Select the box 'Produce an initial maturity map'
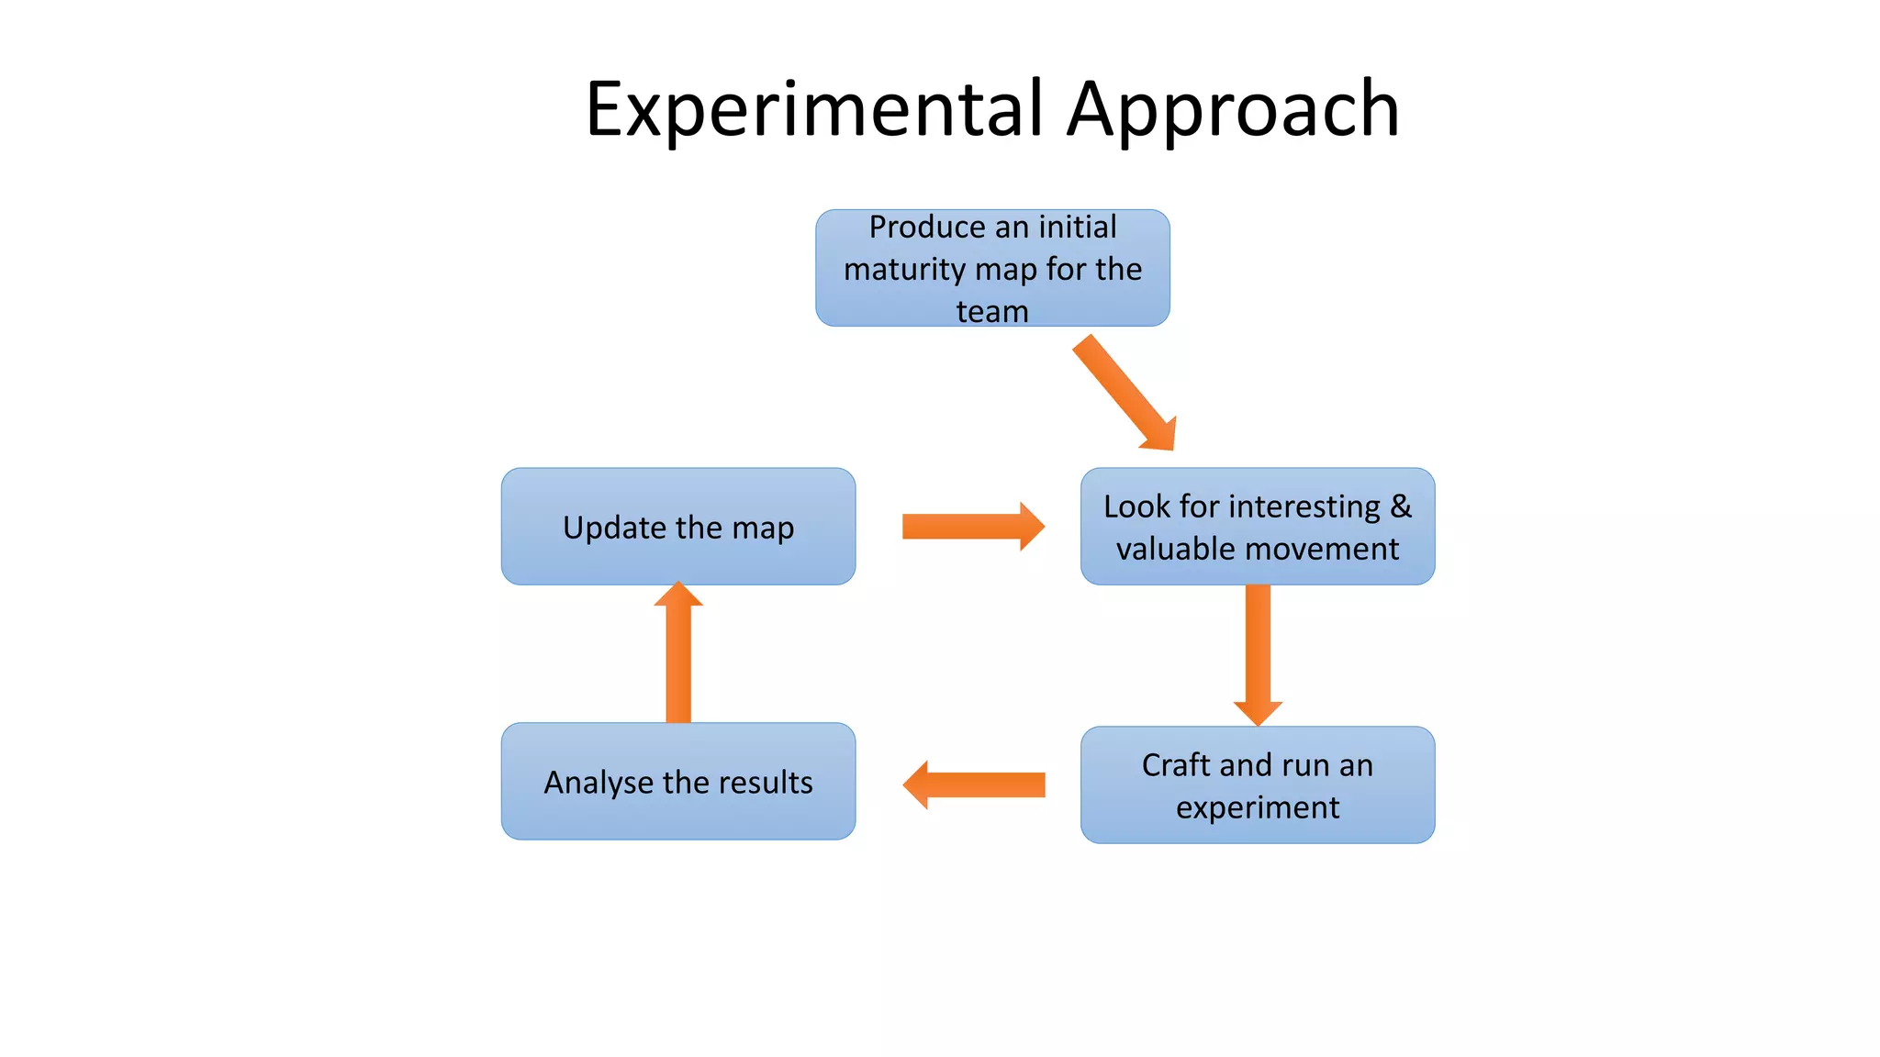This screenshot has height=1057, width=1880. coord(992,268)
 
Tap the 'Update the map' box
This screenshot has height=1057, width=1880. coord(678,527)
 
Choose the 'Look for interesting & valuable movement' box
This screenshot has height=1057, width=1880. coord(1258,527)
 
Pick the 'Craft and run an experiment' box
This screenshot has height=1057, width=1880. coord(1258,785)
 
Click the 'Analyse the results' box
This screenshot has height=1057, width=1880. coord(678,782)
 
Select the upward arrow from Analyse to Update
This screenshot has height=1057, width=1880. coord(678,653)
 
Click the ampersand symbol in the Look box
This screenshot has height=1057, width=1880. coord(1401,506)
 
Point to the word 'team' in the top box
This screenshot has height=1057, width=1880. coord(992,311)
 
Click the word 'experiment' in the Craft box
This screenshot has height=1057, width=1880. coord(1258,807)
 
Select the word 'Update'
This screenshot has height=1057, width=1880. coord(615,528)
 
